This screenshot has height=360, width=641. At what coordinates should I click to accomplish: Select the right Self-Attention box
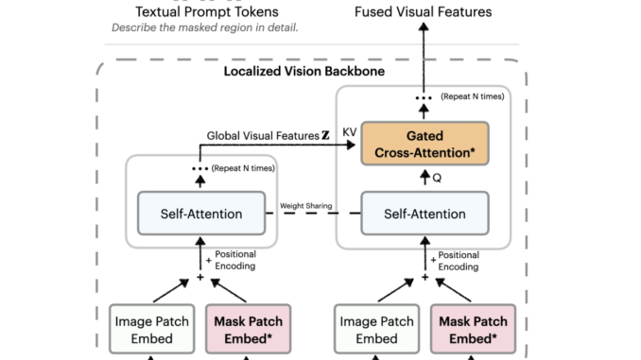click(424, 213)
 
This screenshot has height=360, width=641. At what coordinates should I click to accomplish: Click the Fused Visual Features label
click(424, 12)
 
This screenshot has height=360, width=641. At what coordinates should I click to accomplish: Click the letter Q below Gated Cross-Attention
click(436, 177)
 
